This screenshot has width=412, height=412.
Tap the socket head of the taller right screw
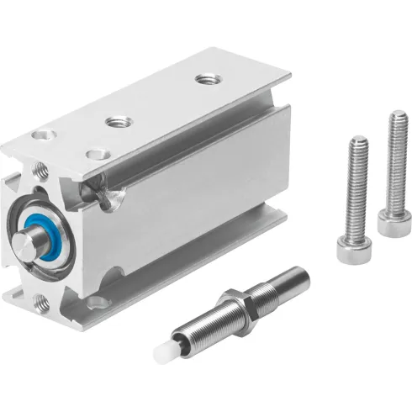click(x=388, y=222)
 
